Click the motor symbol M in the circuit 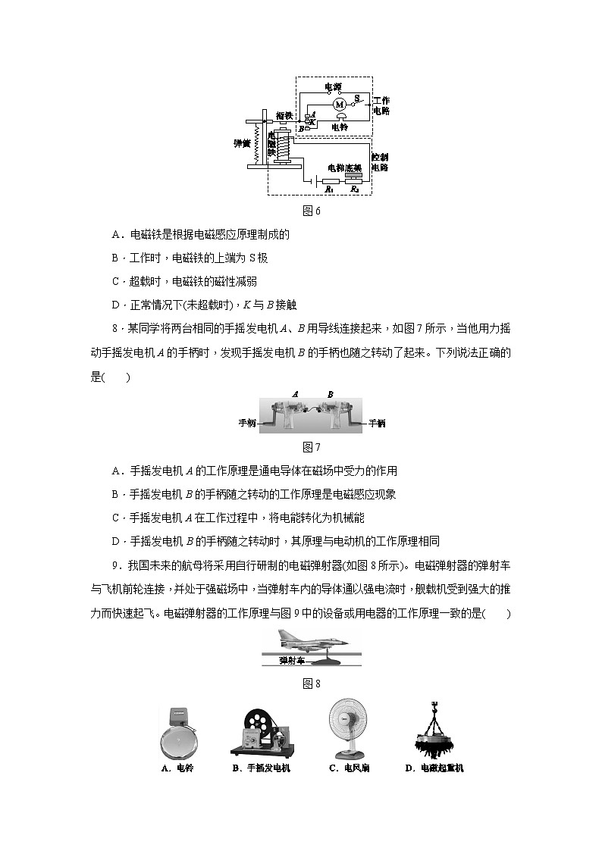click(339, 103)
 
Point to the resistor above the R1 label click(331, 181)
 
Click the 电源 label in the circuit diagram click(332, 88)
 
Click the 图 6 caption click(312, 211)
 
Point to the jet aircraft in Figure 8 click(312, 641)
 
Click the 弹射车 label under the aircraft click(291, 660)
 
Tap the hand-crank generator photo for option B click(261, 731)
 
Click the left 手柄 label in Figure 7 click(248, 423)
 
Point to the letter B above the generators click(330, 394)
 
